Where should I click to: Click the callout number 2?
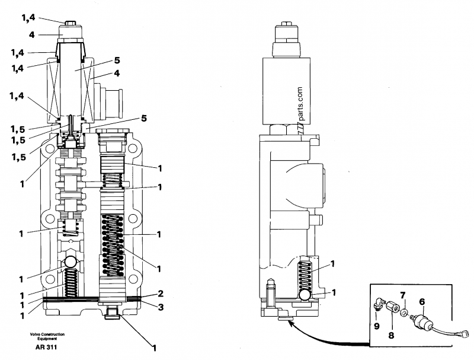161,293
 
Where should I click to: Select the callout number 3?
161,307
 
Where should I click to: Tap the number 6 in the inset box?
422,302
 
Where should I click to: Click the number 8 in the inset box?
391,335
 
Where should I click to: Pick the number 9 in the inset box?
376,326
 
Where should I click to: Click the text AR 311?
46,347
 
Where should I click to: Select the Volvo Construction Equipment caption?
47,336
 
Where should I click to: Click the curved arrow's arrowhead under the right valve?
290,324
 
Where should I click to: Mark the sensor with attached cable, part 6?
440,326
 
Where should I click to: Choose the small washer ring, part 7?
403,313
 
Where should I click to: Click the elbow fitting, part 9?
377,304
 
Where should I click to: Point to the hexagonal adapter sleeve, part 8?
392,308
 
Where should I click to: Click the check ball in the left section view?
70,262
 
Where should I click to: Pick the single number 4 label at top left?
32,35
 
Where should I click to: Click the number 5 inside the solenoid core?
117,60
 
